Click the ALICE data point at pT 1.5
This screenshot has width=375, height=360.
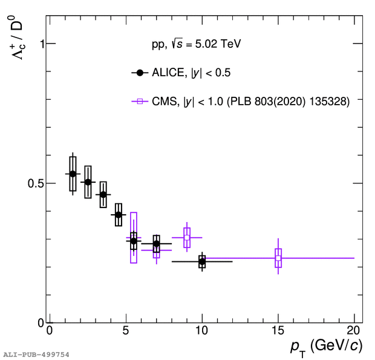pos(73,174)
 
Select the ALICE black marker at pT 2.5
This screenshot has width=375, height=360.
pos(88,182)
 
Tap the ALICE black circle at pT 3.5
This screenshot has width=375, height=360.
pos(103,195)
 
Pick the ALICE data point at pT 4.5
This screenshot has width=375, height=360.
pos(119,215)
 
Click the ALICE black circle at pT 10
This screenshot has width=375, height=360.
pos(202,261)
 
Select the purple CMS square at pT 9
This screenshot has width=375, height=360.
pos(187,238)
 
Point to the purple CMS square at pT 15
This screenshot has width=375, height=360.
pos(278,258)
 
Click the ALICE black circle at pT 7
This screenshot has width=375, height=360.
pos(156,244)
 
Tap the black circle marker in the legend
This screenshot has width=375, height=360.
pos(140,73)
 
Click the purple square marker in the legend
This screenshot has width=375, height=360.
pos(140,102)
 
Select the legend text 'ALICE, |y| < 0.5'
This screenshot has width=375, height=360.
pos(191,73)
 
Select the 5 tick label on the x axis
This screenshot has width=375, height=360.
pos(126,331)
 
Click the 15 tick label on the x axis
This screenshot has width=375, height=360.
pos(278,331)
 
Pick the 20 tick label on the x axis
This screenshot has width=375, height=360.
pos(354,331)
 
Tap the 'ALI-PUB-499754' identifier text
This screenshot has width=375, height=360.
pos(36,354)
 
